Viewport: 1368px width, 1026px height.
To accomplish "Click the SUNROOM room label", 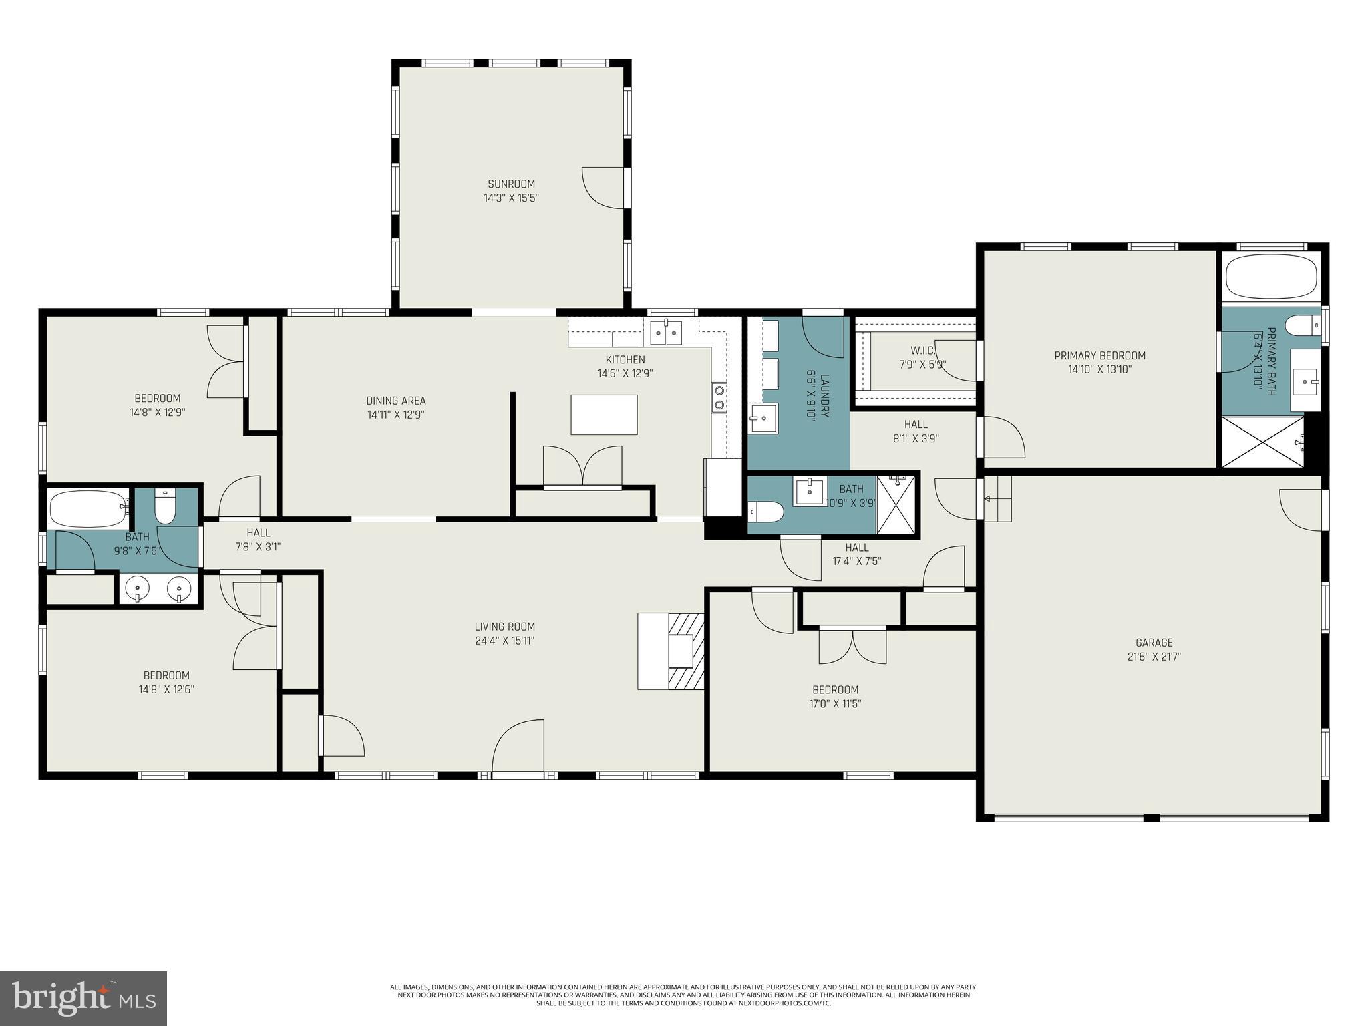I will pos(511,184).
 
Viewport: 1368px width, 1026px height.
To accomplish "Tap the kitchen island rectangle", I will pos(604,415).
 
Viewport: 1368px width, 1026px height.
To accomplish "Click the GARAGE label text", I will pos(1154,643).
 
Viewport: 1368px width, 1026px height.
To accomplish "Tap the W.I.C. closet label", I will pos(922,351).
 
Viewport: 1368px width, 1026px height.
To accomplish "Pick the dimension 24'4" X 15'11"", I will pos(504,641).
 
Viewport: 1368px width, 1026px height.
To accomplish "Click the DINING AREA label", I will pos(395,401).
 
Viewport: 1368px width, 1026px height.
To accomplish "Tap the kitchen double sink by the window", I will pos(665,332).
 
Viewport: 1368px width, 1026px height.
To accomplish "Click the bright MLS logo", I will pos(83,998).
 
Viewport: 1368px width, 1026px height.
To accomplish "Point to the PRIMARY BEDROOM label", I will pos(1099,355).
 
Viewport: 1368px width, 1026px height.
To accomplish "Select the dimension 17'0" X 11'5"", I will pos(835,703).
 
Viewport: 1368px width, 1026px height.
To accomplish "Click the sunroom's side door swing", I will pos(603,188).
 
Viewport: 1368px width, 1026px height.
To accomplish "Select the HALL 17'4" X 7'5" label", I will pos(856,554).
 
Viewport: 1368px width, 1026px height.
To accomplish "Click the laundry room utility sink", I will pos(762,419).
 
